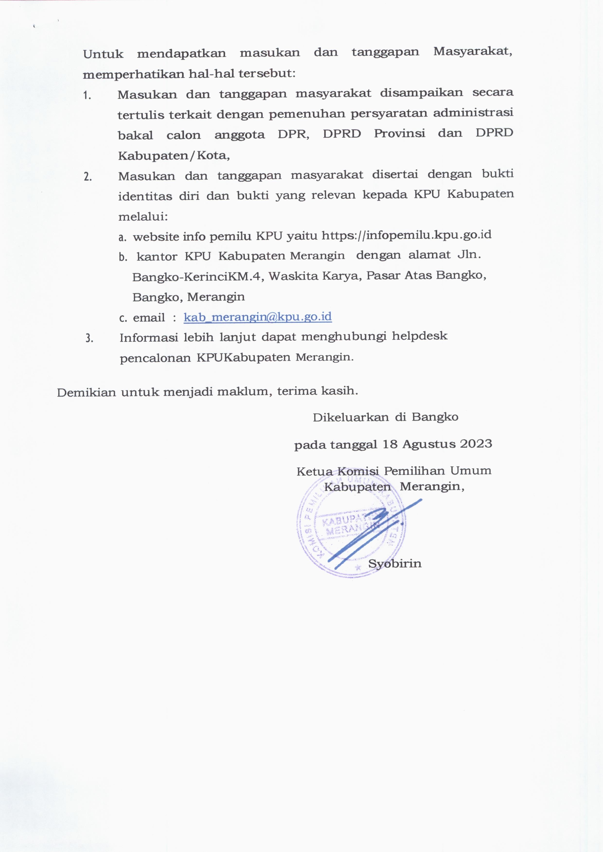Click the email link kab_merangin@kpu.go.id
(258, 317)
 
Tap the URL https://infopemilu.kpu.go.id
(406, 235)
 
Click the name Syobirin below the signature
(395, 564)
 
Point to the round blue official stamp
(351, 528)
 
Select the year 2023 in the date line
(476, 444)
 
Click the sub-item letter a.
(122, 238)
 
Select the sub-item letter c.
(123, 318)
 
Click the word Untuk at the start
(103, 54)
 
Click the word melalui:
(143, 216)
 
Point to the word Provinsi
(399, 134)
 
